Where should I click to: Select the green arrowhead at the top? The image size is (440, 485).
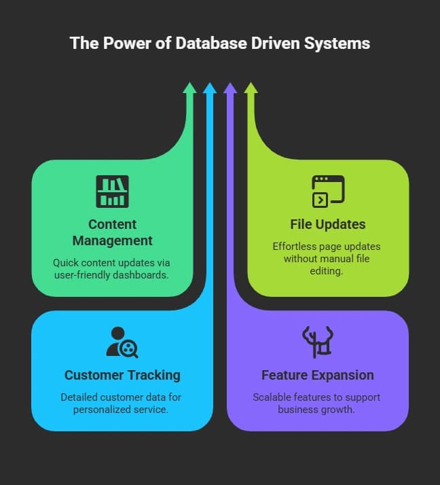tap(190, 88)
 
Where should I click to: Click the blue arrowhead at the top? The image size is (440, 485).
tap(210, 88)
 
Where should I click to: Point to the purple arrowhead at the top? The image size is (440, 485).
tap(230, 88)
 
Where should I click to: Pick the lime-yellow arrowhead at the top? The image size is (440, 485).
tap(251, 88)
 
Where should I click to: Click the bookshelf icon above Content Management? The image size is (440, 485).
tap(112, 191)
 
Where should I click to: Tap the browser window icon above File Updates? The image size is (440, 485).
tap(328, 191)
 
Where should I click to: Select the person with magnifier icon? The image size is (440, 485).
tap(122, 342)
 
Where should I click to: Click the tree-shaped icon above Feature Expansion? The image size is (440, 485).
tap(318, 342)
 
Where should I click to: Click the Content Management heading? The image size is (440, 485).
tap(112, 232)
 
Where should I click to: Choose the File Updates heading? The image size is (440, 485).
tap(328, 224)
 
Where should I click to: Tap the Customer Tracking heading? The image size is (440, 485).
tap(122, 375)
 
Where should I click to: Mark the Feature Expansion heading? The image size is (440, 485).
tap(318, 375)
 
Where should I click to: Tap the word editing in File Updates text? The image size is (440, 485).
tap(327, 271)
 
